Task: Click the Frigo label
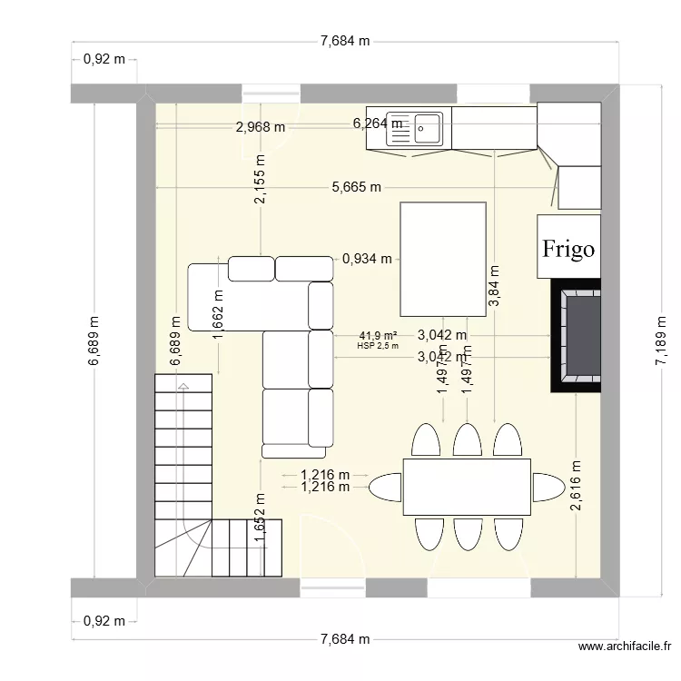click(x=568, y=248)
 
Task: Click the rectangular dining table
click(x=467, y=487)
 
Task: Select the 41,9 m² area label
click(x=378, y=335)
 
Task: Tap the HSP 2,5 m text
click(x=378, y=346)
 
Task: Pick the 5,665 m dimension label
click(x=356, y=188)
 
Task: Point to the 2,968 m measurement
click(x=260, y=127)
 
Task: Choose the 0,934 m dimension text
click(x=368, y=259)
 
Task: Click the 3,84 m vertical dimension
click(x=494, y=287)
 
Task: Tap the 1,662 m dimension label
click(x=218, y=315)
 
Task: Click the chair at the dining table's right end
click(x=548, y=486)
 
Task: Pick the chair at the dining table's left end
click(x=386, y=487)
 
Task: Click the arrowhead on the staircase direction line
click(x=184, y=387)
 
